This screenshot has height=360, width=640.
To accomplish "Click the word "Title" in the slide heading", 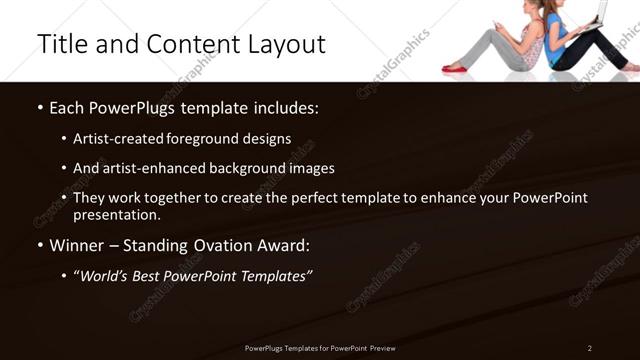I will click(61, 45).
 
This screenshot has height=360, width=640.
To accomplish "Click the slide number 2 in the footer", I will click(589, 348).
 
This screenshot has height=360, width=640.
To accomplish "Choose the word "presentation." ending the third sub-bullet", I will click(117, 214).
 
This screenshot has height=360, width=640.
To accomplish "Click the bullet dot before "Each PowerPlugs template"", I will click(39, 108).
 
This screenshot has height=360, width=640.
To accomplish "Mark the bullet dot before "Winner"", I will click(39, 246).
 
